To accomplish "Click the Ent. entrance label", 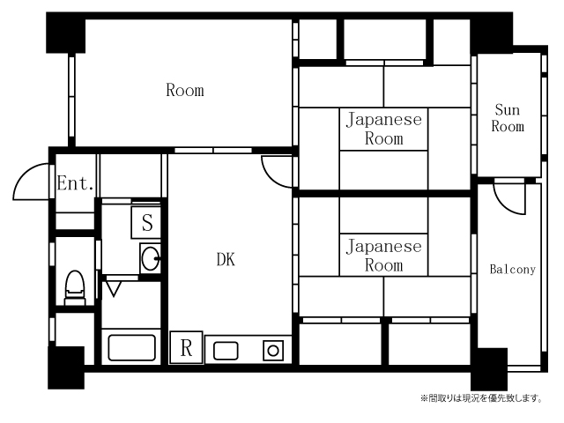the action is (76, 183).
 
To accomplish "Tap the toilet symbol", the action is (75, 288).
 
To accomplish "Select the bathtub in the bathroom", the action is (131, 347).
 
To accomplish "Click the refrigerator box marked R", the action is (186, 347).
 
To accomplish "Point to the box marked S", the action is (146, 222).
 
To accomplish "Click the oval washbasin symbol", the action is (151, 258).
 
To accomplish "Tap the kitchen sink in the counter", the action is (226, 351).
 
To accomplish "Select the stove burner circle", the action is (273, 351).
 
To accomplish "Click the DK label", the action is (226, 259).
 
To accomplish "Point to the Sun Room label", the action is (508, 118).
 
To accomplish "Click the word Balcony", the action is (513, 269).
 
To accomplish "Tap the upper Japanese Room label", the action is (384, 129).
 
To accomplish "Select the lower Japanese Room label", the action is (384, 256).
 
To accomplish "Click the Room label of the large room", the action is (185, 90).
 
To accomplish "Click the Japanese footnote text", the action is (482, 398).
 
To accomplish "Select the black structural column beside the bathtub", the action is (66, 367).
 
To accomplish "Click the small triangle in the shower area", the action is (114, 289).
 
